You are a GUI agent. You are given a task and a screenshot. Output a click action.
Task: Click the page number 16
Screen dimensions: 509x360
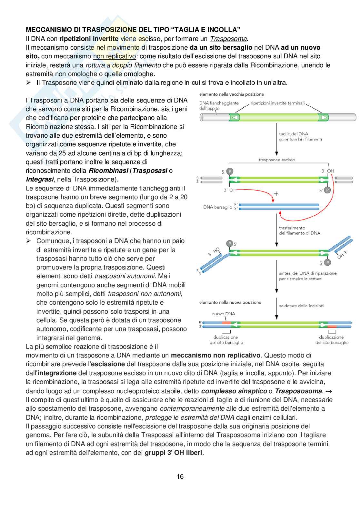click(x=180, y=476)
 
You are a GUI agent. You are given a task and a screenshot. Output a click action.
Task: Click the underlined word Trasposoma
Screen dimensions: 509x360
click(x=228, y=39)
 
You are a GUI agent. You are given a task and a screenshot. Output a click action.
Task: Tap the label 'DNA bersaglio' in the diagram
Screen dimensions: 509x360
click(x=217, y=207)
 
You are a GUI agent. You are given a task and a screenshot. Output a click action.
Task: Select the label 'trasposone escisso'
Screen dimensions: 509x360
click(x=277, y=160)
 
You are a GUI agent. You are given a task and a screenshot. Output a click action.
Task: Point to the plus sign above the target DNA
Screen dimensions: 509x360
click(x=276, y=194)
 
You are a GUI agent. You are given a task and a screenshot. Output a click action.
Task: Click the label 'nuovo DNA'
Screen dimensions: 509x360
click(x=224, y=314)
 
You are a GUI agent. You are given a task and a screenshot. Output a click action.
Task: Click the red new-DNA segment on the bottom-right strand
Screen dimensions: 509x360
click(x=332, y=327)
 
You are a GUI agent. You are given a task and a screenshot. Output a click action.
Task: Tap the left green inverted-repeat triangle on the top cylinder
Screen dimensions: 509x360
click(x=235, y=117)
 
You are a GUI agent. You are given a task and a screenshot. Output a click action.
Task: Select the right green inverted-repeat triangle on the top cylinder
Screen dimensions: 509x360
click(x=323, y=117)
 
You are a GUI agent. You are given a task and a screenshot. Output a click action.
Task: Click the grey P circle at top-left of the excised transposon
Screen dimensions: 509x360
click(x=230, y=171)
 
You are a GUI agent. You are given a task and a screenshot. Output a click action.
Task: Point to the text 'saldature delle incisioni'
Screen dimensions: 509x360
click(x=301, y=306)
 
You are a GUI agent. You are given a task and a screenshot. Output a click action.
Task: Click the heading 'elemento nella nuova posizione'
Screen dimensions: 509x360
click(x=230, y=302)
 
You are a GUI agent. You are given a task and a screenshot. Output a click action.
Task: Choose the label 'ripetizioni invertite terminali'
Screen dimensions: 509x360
click(x=277, y=103)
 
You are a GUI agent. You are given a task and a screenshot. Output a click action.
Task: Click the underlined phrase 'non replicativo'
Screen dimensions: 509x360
click(x=114, y=56)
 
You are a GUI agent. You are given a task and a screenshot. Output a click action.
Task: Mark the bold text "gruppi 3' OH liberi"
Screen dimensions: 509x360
click(x=174, y=453)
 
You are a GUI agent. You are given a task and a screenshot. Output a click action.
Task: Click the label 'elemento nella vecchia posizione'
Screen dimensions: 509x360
click(x=231, y=94)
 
